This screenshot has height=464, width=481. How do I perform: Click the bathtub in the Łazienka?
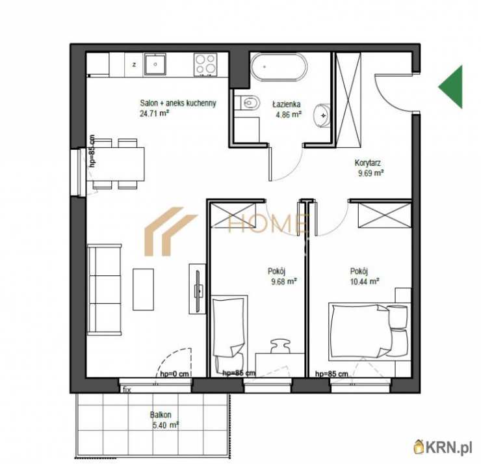pyautogui.click(x=279, y=68)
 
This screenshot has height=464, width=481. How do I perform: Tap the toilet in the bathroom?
pyautogui.click(x=248, y=102)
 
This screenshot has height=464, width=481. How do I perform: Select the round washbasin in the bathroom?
pyautogui.click(x=322, y=115)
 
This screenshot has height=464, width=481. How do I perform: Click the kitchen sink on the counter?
pyautogui.click(x=155, y=64)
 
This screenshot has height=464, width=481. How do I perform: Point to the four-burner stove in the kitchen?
pyautogui.click(x=205, y=64)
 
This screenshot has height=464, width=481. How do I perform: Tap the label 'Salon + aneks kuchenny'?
pyautogui.click(x=178, y=103)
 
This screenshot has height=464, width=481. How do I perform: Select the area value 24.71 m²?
pyautogui.click(x=155, y=114)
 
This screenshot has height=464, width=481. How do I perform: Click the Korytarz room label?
pyautogui.click(x=367, y=163)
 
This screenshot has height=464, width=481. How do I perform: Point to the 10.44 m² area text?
pyautogui.click(x=365, y=281)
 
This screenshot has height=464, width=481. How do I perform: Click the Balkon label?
pyautogui.click(x=161, y=415)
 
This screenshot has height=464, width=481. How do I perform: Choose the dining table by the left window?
pyautogui.click(x=115, y=164)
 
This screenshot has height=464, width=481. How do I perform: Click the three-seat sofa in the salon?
pyautogui.click(x=104, y=289)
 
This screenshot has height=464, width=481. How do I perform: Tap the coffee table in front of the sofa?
pyautogui.click(x=143, y=290)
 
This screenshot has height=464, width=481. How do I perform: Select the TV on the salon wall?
pyautogui.click(x=198, y=289)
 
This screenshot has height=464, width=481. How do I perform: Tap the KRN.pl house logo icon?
pyautogui.click(x=418, y=448)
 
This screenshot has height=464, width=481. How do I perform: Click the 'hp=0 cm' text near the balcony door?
pyautogui.click(x=175, y=374)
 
